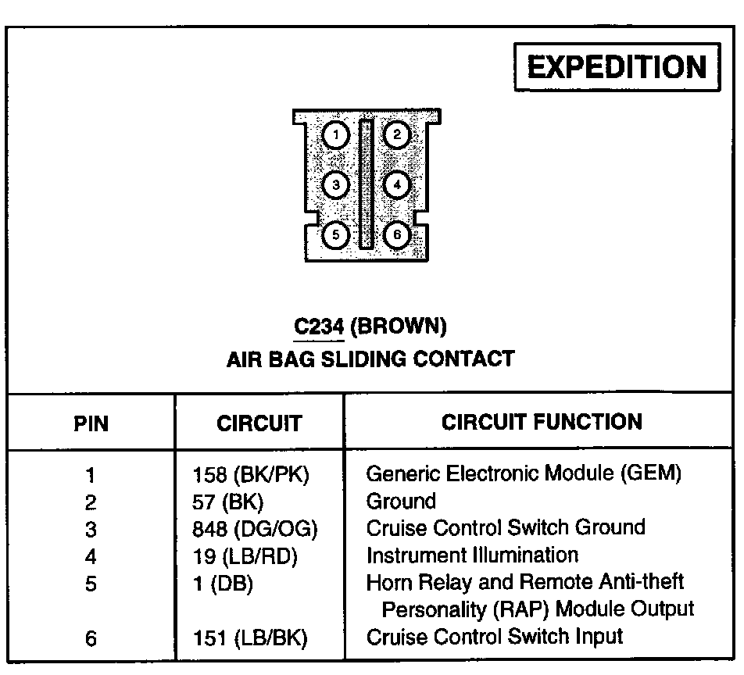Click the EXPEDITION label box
point(617,67)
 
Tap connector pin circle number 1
point(335,136)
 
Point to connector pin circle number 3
point(335,185)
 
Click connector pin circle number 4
point(397,185)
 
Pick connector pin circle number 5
point(335,234)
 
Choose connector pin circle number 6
point(397,234)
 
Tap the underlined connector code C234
point(319,326)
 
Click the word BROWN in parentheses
point(399,326)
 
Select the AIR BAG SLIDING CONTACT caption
point(370,359)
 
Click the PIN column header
point(91,423)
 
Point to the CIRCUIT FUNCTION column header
point(542,422)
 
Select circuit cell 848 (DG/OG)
point(256,529)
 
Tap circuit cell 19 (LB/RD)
point(246,556)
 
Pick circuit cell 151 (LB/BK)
point(250,638)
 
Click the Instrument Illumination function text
point(473,555)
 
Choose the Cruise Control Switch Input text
point(495,637)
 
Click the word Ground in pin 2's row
point(401,501)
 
